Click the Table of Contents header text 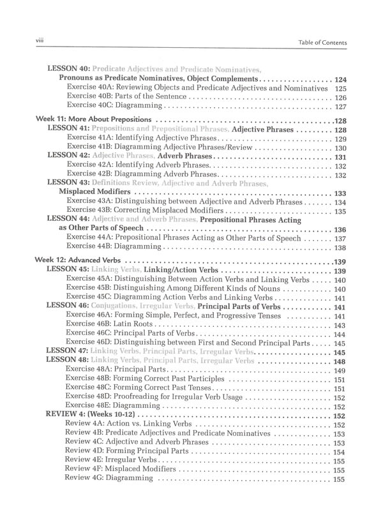(322, 43)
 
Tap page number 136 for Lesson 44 (340, 229)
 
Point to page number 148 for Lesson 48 (340, 361)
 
